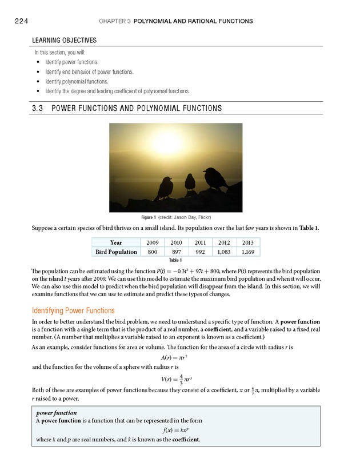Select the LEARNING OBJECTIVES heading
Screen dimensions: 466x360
coord(64,41)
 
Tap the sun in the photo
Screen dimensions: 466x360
coord(166,143)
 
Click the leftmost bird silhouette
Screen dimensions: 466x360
coord(164,189)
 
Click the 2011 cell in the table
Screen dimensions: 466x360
coord(199,242)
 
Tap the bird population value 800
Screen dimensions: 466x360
coord(153,252)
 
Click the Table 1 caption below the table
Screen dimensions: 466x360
coord(176,261)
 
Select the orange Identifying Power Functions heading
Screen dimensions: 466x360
coord(73,311)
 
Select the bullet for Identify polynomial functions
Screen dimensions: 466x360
coord(38,81)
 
